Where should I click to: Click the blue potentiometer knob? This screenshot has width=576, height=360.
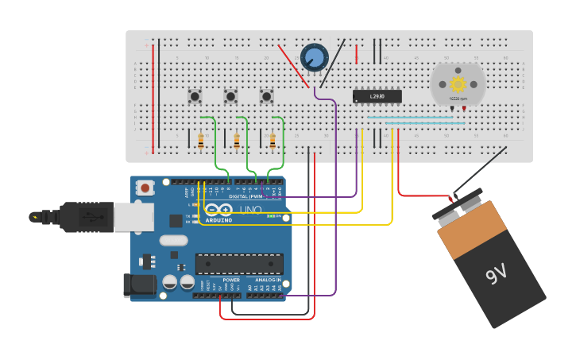[x=314, y=57]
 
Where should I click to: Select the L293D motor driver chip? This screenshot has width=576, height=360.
[x=377, y=96]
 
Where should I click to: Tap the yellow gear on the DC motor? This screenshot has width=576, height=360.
[x=458, y=83]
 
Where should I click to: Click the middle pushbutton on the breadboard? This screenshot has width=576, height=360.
[x=230, y=96]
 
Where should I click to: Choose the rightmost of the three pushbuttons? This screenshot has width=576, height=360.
[x=266, y=96]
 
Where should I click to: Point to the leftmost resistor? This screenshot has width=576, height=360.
[x=200, y=141]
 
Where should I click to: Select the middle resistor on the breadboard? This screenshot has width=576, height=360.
[x=236, y=141]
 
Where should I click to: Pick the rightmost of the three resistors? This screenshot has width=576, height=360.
[x=273, y=141]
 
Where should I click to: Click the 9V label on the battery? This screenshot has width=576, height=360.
[x=497, y=274]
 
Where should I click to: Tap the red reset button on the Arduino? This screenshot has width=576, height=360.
[x=146, y=188]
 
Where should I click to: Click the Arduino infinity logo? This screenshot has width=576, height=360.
[x=218, y=210]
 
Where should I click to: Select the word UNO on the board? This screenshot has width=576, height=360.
[x=251, y=210]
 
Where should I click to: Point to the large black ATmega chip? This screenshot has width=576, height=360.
[x=239, y=264]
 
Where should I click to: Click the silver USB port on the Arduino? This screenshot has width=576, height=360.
[x=133, y=217]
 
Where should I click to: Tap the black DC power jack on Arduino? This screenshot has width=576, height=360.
[x=139, y=285]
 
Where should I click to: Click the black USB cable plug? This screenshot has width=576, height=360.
[x=79, y=216]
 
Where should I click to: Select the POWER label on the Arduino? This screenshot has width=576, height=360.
[x=231, y=280]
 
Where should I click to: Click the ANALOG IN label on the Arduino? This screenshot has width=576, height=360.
[x=268, y=280]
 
